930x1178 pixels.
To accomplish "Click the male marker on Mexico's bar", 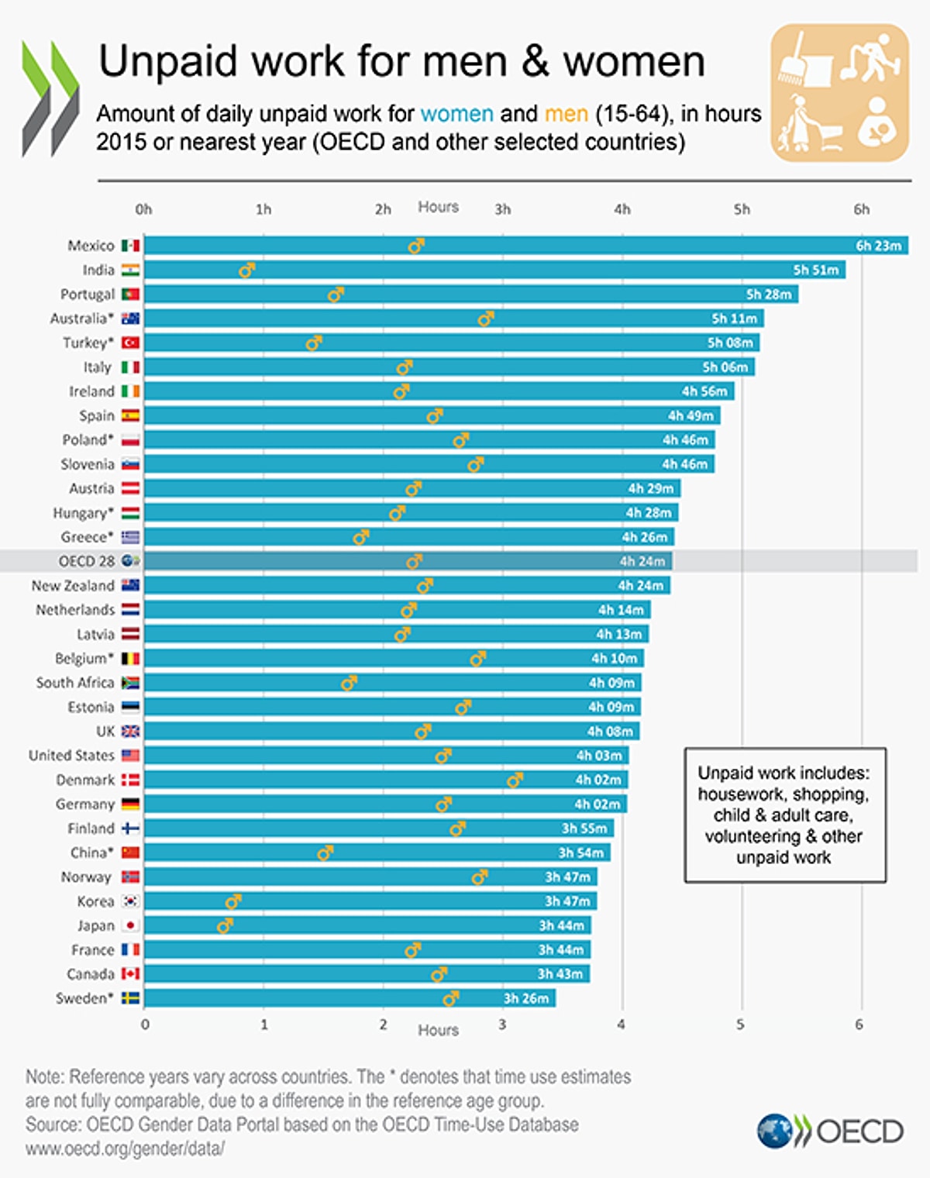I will pos(416,246).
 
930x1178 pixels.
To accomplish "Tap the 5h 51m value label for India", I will pos(815,270).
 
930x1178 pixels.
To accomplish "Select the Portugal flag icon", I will pos(131,294).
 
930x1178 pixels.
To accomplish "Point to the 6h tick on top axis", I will pos(861,209).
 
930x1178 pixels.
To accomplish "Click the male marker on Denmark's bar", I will pos(515,780).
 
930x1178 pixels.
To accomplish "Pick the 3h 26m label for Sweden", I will pos(525,998).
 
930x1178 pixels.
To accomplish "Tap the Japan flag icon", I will pos(131,925).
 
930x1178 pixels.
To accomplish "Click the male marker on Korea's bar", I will pos(232,901).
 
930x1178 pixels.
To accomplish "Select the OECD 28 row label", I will pos(86,561).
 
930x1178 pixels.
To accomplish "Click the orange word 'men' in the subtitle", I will pos(566,114).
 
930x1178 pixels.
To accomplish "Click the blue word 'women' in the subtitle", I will pos(456,114).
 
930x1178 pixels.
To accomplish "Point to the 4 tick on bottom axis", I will pos(621,1025).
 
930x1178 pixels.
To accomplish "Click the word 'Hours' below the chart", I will pos(438,1030).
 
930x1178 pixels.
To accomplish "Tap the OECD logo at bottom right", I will pos(830,1131).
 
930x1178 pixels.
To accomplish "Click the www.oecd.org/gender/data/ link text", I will pos(125,1149).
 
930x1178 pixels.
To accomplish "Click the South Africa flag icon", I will pos(131,683).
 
